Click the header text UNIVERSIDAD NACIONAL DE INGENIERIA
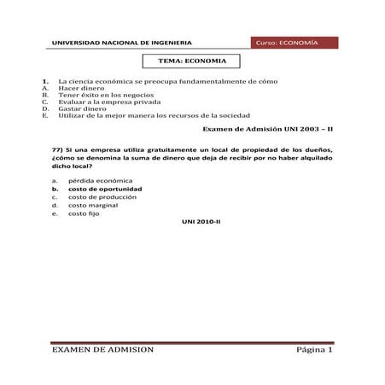click(x=122, y=43)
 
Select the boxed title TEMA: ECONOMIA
click(x=193, y=61)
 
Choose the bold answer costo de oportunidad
click(x=105, y=189)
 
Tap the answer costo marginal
click(x=93, y=205)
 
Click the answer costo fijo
click(x=83, y=213)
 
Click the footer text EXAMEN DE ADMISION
click(x=102, y=350)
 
